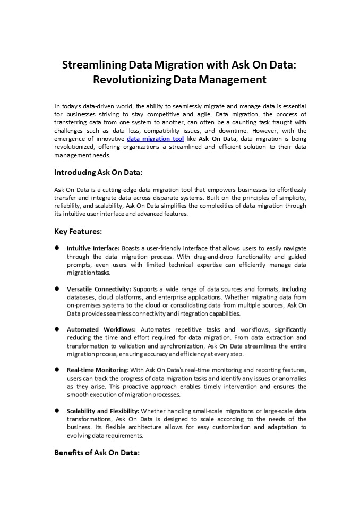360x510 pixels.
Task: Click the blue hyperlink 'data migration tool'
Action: (155, 139)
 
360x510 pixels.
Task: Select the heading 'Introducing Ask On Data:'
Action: (98, 172)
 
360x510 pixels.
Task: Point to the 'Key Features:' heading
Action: (78, 231)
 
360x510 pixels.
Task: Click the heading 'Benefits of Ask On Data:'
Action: (97, 453)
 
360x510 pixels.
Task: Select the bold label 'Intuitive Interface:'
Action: (93, 248)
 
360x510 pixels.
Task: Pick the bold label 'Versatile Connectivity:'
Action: (99, 289)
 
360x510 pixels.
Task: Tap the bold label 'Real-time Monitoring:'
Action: (98, 370)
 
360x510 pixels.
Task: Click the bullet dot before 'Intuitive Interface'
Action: (57, 248)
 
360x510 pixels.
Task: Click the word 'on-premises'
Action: (84, 305)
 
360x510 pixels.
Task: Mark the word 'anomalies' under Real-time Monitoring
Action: (290, 378)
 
